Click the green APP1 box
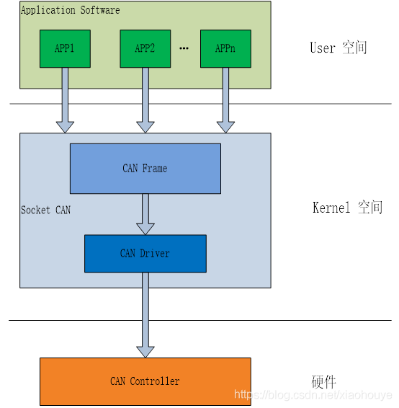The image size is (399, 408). pyautogui.click(x=65, y=48)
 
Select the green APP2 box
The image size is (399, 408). pyautogui.click(x=145, y=48)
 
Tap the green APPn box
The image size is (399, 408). pyautogui.click(x=225, y=48)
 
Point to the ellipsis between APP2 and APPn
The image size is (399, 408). pyautogui.click(x=184, y=49)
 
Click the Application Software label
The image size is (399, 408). pyautogui.click(x=70, y=10)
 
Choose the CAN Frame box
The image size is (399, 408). pyautogui.click(x=145, y=168)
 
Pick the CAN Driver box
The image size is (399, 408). pyautogui.click(x=145, y=254)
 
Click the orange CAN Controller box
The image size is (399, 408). pyautogui.click(x=145, y=381)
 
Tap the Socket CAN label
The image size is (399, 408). pyautogui.click(x=45, y=210)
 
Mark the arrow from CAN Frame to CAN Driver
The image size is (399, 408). pyautogui.click(x=145, y=213)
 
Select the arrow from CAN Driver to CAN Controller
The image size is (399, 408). pyautogui.click(x=145, y=314)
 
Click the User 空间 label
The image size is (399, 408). pyautogui.click(x=339, y=48)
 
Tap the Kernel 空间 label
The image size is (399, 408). pyautogui.click(x=347, y=208)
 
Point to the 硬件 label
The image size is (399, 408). pyautogui.click(x=323, y=381)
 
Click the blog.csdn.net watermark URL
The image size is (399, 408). pyautogui.click(x=313, y=395)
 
